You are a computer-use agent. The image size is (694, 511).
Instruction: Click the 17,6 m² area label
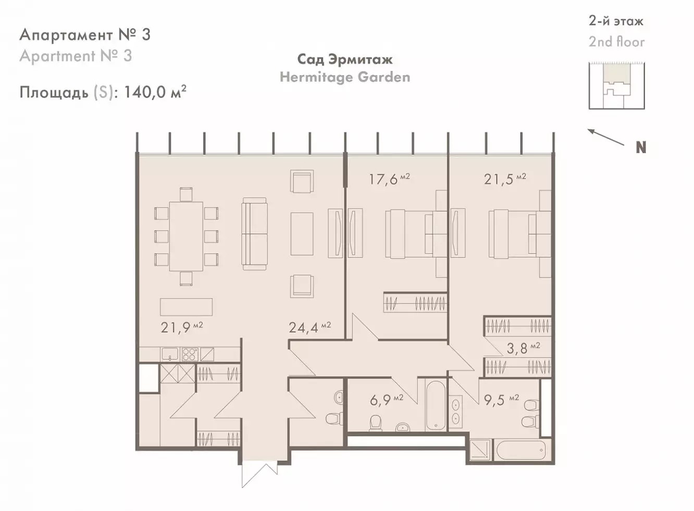pyautogui.click(x=389, y=179)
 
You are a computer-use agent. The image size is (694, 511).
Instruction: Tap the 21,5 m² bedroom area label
pyautogui.click(x=505, y=179)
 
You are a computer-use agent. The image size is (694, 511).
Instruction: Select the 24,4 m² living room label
pyautogui.click(x=310, y=327)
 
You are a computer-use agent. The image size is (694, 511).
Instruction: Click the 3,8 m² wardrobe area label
pyautogui.click(x=523, y=348)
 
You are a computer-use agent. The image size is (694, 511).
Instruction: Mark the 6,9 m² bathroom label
pyautogui.click(x=387, y=400)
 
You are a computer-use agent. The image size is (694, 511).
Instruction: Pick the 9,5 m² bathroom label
pyautogui.click(x=501, y=400)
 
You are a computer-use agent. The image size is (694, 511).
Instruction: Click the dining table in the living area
pyautogui.click(x=186, y=237)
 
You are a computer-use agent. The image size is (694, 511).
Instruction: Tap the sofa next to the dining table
pyautogui.click(x=255, y=234)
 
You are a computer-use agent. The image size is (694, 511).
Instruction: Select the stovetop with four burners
pyautogui.click(x=189, y=355)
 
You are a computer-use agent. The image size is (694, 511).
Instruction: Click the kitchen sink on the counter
pyautogui.click(x=170, y=355)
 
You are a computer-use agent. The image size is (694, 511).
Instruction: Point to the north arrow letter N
pyautogui.click(x=641, y=148)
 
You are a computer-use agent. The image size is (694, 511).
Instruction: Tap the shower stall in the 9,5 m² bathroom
pyautogui.click(x=480, y=450)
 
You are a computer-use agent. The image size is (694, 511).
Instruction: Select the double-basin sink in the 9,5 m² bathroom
pyautogui.click(x=456, y=413)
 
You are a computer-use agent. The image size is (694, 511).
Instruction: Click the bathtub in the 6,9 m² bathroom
pyautogui.click(x=436, y=405)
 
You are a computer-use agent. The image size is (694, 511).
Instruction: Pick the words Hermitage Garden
pyautogui.click(x=345, y=77)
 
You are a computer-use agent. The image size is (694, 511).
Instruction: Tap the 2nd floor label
pyautogui.click(x=616, y=42)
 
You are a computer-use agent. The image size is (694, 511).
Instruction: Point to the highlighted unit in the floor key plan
pyautogui.click(x=616, y=74)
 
